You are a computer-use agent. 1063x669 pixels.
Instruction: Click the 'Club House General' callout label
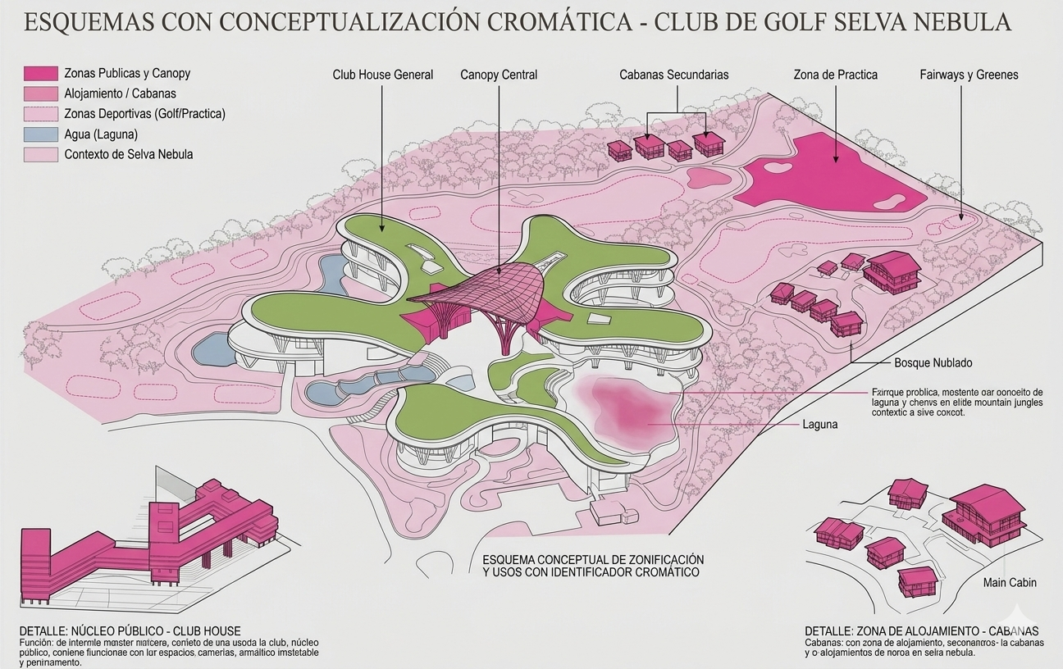382,75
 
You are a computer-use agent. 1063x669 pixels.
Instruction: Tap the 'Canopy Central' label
499,75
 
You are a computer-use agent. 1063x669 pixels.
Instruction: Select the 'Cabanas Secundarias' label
673,75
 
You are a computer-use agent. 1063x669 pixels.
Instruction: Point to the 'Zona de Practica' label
835,75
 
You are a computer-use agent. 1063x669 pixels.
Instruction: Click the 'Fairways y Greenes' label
969,75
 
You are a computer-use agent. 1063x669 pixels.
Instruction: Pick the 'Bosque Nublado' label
933,362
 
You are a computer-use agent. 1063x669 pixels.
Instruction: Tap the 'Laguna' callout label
820,425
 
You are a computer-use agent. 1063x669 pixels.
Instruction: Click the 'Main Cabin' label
1010,583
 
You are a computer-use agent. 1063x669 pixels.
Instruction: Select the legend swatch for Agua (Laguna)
41,134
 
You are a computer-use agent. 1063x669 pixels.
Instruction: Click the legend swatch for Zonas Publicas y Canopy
41,74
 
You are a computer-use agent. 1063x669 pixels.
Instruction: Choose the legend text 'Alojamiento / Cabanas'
120,94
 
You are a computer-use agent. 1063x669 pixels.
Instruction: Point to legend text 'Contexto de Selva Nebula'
128,154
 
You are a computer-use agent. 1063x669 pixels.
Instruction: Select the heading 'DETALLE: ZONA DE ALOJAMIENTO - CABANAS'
921,631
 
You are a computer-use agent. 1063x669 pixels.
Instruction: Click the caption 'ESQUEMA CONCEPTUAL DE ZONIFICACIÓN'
593,559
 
